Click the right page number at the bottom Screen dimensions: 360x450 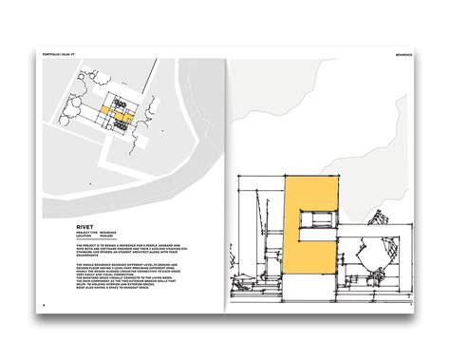point(408,305)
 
